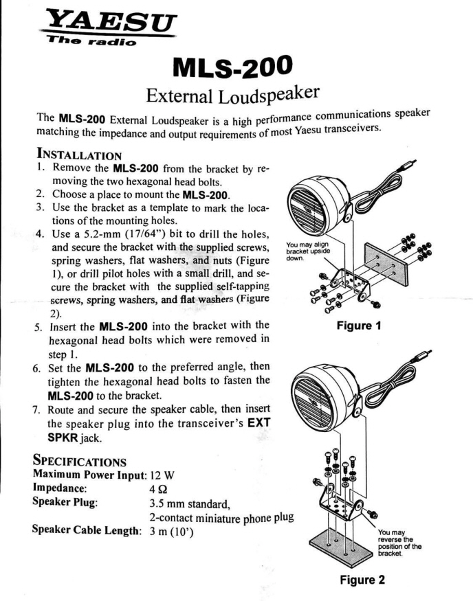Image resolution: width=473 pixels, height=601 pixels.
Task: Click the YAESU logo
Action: [109, 25]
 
